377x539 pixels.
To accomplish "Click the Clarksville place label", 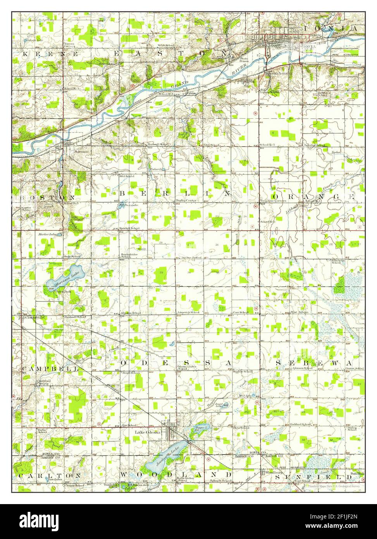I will (x=34, y=317).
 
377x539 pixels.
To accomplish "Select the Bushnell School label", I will (x=75, y=317).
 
